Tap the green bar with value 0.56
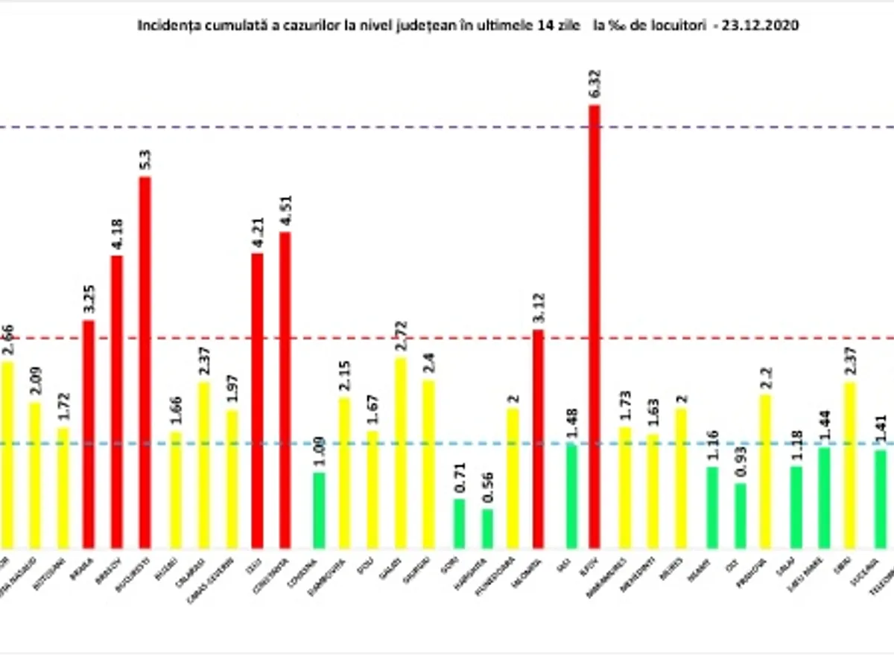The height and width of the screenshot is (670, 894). [487, 529]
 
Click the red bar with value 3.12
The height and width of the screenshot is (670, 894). [539, 438]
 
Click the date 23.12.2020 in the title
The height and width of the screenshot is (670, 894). [763, 25]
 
